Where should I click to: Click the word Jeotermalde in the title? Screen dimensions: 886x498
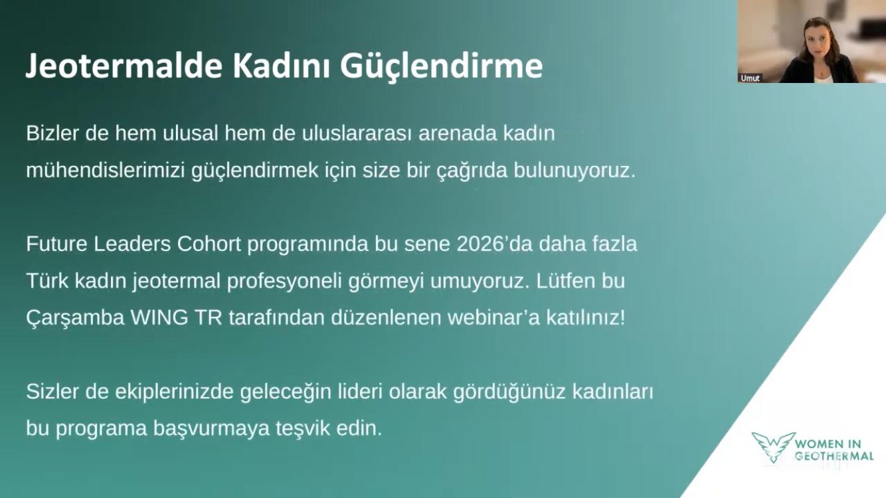coord(124,66)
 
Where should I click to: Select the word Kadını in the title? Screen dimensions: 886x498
coord(281,66)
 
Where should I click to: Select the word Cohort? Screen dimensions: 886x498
coord(209,244)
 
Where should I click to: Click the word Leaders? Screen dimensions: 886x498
coord(132,244)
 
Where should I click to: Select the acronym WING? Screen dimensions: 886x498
coord(159,317)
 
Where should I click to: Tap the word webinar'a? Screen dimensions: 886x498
coord(493,317)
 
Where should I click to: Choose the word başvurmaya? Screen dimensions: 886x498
coord(211,429)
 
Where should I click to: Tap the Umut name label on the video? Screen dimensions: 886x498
coord(750,78)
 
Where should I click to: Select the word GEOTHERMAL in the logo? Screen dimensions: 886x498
coord(834,456)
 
